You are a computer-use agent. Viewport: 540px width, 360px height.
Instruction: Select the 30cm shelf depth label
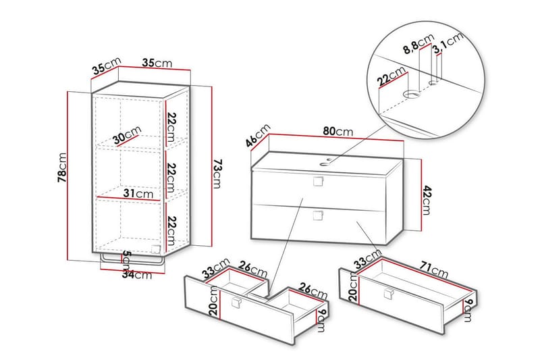[128, 136]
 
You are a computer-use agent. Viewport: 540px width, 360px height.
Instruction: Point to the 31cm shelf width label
[138, 194]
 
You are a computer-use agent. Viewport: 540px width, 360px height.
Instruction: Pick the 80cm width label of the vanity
[338, 131]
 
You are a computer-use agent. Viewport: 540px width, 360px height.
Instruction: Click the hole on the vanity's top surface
[327, 162]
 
